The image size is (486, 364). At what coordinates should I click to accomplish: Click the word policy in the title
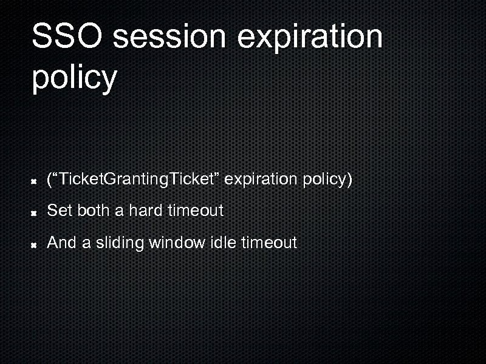tap(74, 78)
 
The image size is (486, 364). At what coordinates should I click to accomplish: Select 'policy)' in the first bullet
tap(327, 180)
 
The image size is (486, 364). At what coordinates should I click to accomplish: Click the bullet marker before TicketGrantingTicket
tap(35, 181)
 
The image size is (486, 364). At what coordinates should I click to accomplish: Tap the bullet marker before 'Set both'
tap(35, 212)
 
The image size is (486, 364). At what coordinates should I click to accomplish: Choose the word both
tap(90, 211)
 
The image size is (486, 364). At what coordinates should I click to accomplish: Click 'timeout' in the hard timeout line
tap(196, 211)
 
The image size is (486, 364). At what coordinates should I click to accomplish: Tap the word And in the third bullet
tap(61, 243)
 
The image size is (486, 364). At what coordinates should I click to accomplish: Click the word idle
tap(222, 243)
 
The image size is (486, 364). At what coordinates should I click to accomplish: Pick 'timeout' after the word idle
tap(269, 243)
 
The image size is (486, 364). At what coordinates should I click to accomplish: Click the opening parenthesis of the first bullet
tap(49, 180)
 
